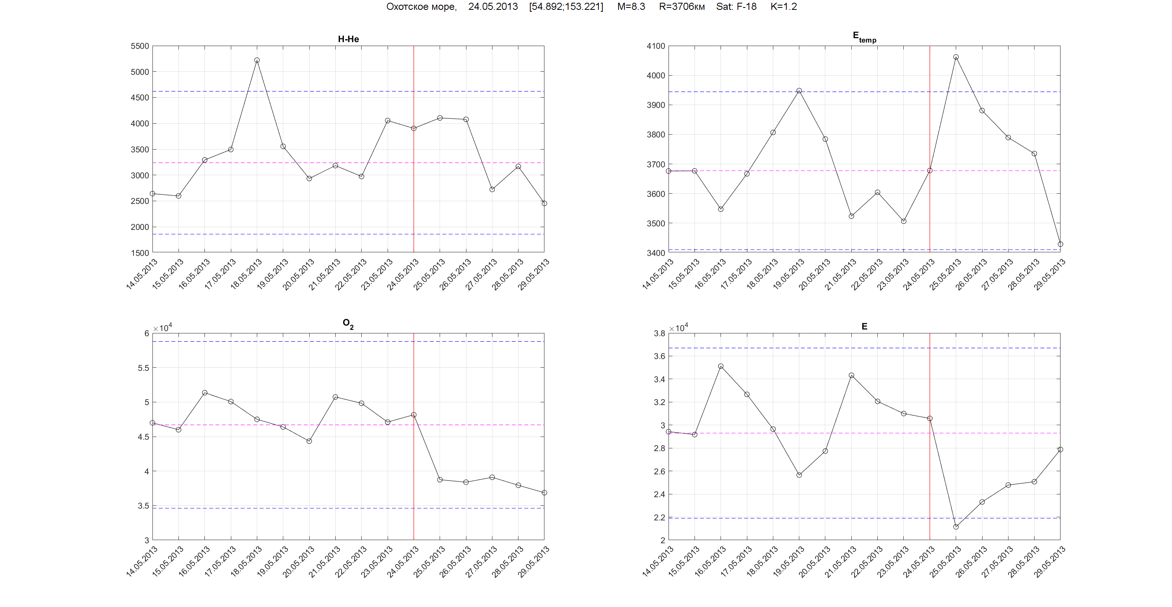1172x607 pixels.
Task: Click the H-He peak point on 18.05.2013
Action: pos(257,60)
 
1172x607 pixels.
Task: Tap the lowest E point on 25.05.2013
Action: pos(956,527)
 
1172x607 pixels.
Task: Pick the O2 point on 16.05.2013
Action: pos(205,393)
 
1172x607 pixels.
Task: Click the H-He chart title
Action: pos(349,39)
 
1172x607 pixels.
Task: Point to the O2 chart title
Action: pos(348,324)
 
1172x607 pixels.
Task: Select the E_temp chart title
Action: pos(864,37)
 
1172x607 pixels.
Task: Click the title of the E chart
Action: pos(864,326)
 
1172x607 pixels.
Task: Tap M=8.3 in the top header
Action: pos(631,6)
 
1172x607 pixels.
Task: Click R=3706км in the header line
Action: pos(682,6)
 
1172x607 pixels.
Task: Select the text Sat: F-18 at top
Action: pos(736,6)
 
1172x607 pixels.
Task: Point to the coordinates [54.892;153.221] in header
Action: pos(566,6)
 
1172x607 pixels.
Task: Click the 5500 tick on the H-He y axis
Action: pos(140,46)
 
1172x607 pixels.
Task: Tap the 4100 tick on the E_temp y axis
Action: pos(656,46)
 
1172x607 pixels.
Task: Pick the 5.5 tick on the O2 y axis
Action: pos(143,368)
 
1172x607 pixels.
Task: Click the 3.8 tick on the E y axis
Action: pos(659,333)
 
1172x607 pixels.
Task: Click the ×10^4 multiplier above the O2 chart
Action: pos(162,328)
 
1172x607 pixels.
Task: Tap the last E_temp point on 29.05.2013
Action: pos(1061,244)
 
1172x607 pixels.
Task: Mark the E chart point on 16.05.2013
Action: pos(721,366)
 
